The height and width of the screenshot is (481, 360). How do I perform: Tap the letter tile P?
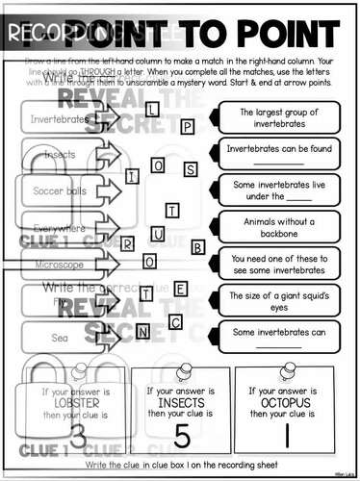click(189, 126)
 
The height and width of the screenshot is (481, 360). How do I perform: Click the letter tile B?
click(198, 248)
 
